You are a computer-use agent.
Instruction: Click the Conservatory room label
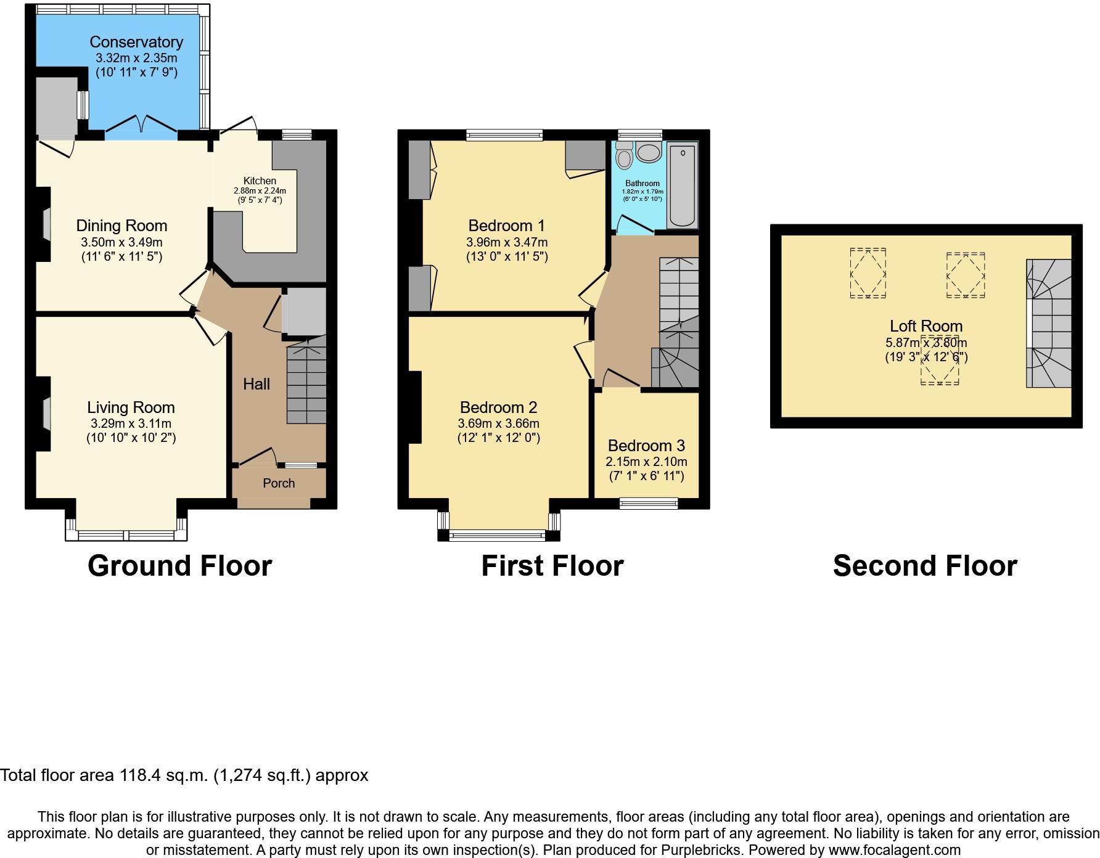[136, 42]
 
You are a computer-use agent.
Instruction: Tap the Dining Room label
[121, 226]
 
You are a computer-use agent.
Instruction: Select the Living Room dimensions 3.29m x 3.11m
[131, 423]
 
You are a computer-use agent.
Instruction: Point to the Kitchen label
[260, 181]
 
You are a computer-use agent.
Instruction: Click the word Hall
[257, 384]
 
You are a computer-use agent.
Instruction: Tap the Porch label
[279, 483]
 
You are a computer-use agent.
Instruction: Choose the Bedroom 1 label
[506, 226]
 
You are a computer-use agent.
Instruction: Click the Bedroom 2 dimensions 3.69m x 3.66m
[498, 423]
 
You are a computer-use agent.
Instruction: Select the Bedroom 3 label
[646, 446]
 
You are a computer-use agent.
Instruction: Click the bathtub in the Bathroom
[683, 184]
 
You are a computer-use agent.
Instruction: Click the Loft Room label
[926, 326]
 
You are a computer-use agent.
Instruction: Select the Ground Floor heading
[179, 566]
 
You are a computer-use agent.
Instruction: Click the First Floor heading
[552, 566]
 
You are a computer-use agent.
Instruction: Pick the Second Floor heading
[925, 566]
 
